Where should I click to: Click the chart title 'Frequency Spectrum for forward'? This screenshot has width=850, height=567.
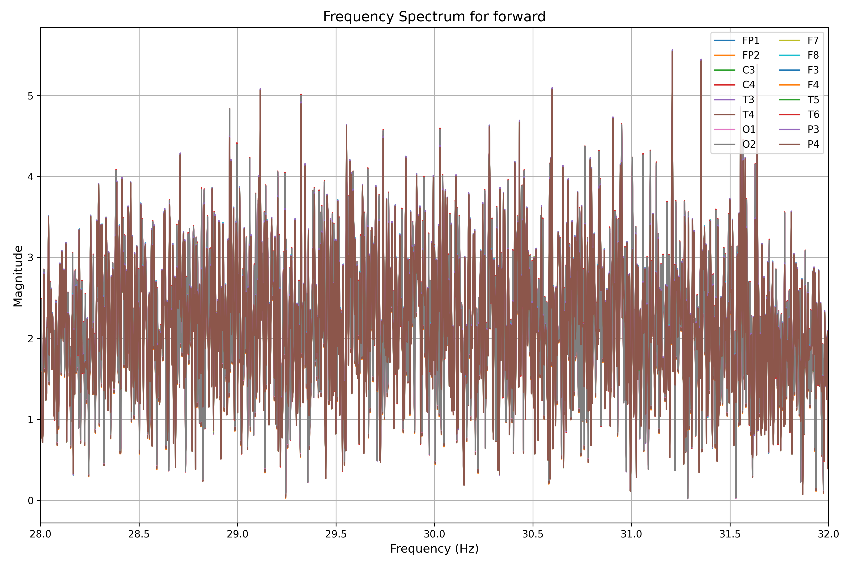pos(434,17)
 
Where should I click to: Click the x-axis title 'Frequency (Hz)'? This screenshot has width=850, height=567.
pos(434,549)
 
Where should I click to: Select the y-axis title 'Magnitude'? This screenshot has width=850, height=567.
pos(18,276)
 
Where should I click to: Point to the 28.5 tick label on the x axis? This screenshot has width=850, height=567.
pos(139,534)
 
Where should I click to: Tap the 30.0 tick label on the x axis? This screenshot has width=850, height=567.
pos(434,534)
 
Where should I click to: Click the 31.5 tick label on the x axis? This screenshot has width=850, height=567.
pos(730,534)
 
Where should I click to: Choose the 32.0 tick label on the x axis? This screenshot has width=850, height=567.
pos(828,534)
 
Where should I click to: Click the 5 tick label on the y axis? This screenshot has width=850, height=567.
pos(30,96)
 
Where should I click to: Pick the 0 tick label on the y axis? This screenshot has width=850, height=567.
pos(30,501)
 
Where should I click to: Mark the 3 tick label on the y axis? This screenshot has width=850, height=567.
pos(30,258)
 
